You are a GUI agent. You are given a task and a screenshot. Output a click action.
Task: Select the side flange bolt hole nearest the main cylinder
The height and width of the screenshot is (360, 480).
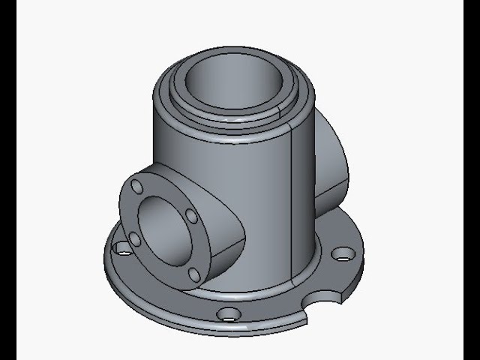(x=191, y=216)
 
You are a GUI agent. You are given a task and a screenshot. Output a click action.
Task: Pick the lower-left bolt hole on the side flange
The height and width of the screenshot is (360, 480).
(x=135, y=238)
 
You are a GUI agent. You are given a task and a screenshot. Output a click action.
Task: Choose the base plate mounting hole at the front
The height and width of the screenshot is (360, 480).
(x=228, y=314)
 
